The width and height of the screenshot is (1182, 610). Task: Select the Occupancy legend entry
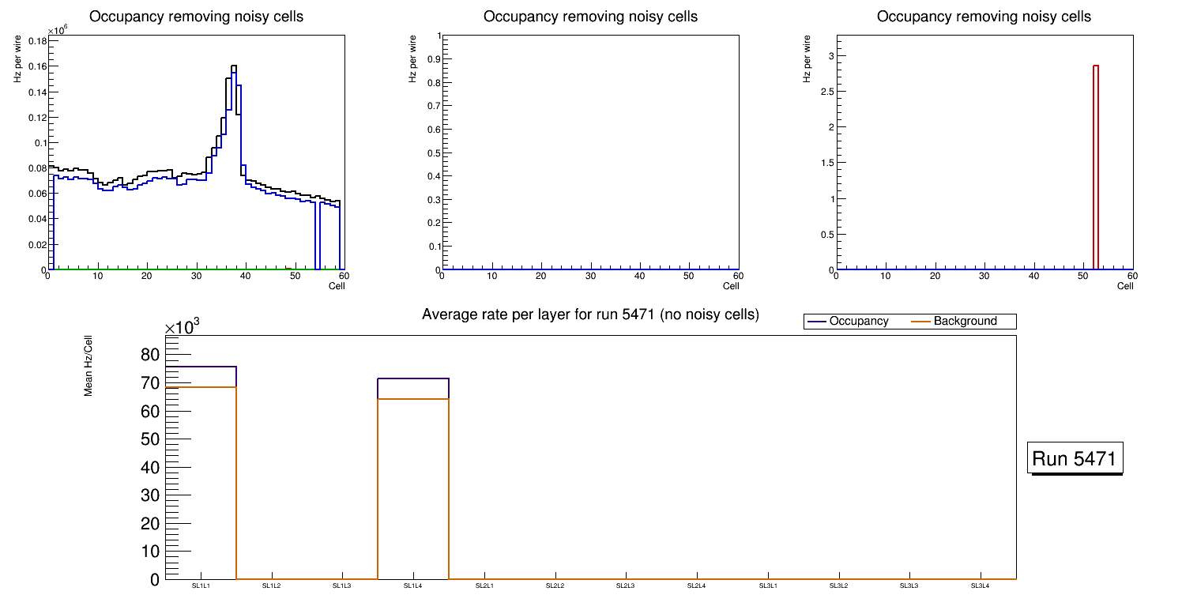tap(858, 322)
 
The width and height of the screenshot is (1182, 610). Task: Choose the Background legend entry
tap(964, 322)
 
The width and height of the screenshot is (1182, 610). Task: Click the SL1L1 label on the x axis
tap(201, 586)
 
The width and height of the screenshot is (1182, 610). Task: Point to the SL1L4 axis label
tap(413, 586)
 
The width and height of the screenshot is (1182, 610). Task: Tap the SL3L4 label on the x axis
tap(980, 586)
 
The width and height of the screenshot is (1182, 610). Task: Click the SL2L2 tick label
tap(555, 586)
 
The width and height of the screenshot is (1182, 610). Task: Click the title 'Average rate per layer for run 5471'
tap(590, 314)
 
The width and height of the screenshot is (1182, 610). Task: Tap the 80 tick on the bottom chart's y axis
tap(150, 354)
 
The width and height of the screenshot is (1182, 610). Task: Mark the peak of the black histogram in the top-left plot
tap(234, 66)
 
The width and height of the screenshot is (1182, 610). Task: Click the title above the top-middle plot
tap(590, 17)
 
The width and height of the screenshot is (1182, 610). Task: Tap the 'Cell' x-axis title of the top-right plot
tap(1125, 286)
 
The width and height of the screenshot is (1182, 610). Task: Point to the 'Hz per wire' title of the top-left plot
tap(17, 59)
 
